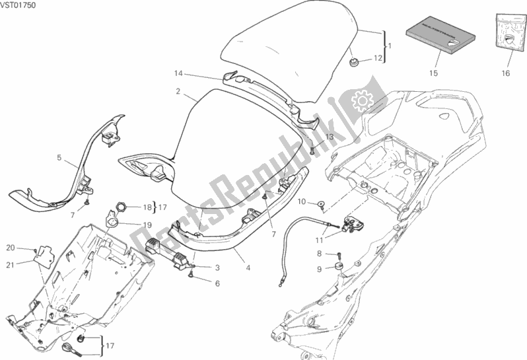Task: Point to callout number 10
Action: pos(300,201)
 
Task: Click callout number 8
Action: pos(319,253)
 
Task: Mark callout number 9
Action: pos(319,269)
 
